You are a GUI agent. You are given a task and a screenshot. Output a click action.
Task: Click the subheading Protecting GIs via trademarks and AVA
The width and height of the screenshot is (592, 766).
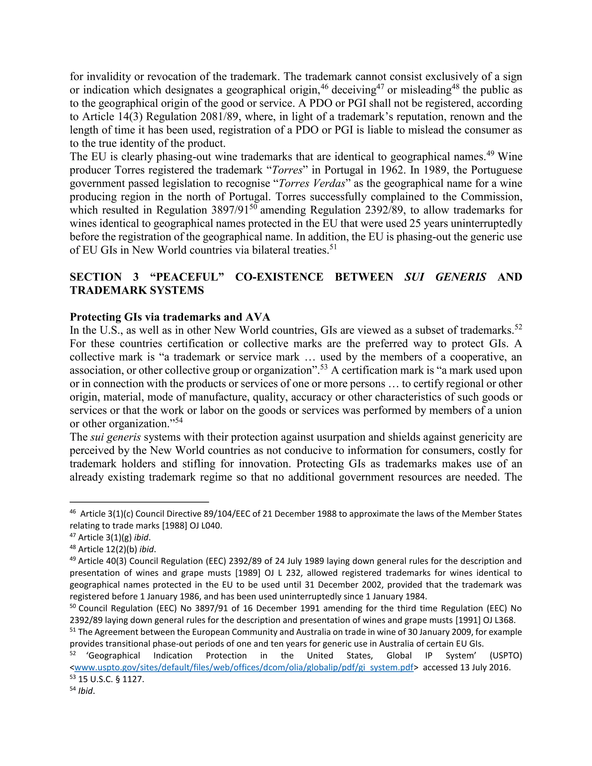(170, 317)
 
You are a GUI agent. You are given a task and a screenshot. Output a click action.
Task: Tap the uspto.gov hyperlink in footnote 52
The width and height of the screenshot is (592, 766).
(244, 667)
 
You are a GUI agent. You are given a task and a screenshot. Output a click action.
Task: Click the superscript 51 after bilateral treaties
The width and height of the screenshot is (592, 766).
(333, 247)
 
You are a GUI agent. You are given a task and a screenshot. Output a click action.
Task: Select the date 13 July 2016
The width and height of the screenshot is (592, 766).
(485, 667)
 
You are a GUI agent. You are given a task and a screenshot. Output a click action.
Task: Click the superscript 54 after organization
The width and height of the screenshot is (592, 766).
(179, 421)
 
